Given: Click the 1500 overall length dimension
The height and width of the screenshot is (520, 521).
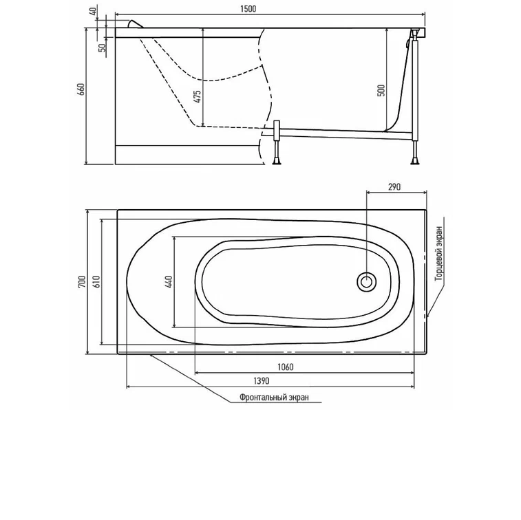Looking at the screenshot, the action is [x=248, y=9].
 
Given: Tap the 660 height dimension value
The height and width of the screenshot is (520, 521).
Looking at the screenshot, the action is [x=81, y=89].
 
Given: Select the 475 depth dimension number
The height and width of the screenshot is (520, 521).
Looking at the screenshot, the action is [x=198, y=96].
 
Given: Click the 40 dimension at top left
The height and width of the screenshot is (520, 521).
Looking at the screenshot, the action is [x=94, y=11].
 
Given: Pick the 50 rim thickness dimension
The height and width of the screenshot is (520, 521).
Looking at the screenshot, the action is [x=103, y=47].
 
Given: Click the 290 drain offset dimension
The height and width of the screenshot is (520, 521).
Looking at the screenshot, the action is [x=394, y=186].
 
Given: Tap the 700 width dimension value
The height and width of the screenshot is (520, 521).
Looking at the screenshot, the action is [x=82, y=281].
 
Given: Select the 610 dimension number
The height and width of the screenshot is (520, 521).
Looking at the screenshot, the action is [x=96, y=281].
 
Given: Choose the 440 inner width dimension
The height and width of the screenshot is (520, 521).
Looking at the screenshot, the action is [x=169, y=281].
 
